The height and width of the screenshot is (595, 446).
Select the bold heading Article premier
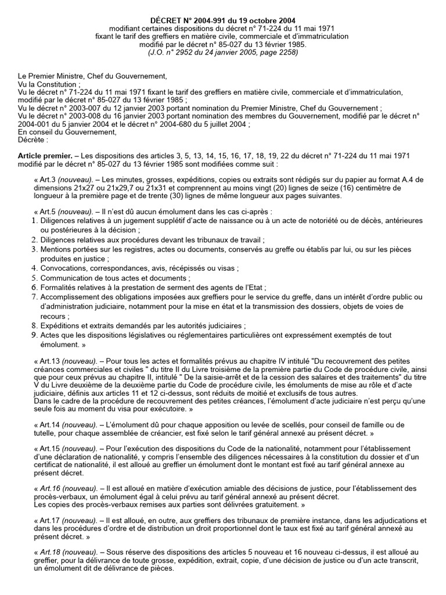(44, 156)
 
